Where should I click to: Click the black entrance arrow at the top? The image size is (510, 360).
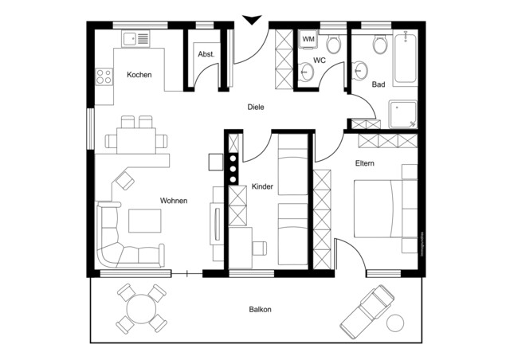[253, 20]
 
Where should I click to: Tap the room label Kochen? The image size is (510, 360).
[139, 75]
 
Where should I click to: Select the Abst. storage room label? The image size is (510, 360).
[206, 54]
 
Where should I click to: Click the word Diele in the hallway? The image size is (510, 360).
[255, 107]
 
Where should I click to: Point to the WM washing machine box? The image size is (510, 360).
[308, 40]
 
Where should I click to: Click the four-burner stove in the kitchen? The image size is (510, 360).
[104, 76]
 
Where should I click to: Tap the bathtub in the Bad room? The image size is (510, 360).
[405, 57]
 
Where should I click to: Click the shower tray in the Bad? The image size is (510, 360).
[402, 113]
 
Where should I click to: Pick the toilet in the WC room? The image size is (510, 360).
[333, 43]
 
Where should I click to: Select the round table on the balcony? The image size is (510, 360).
[141, 307]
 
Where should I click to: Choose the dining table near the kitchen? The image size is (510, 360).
[135, 141]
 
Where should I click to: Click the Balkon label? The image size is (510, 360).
[261, 310]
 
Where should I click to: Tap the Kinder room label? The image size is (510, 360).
[262, 186]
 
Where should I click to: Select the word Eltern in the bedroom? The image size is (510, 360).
[365, 163]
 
